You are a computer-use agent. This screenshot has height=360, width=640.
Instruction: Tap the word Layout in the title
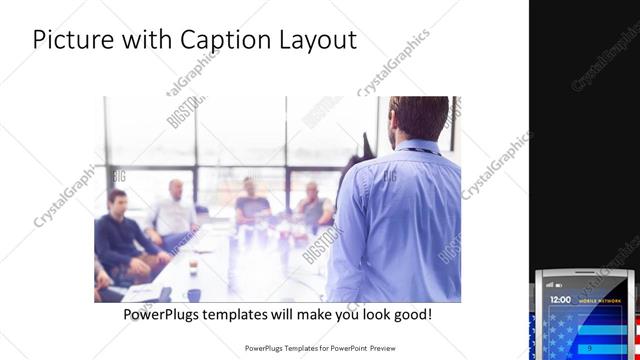click(315, 40)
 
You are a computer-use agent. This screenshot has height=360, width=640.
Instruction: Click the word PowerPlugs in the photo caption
click(166, 314)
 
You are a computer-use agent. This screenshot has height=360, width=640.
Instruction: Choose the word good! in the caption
click(413, 314)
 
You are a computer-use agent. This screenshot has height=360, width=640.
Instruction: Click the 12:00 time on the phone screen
click(561, 299)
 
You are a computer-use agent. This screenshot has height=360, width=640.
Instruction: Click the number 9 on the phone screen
click(589, 347)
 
